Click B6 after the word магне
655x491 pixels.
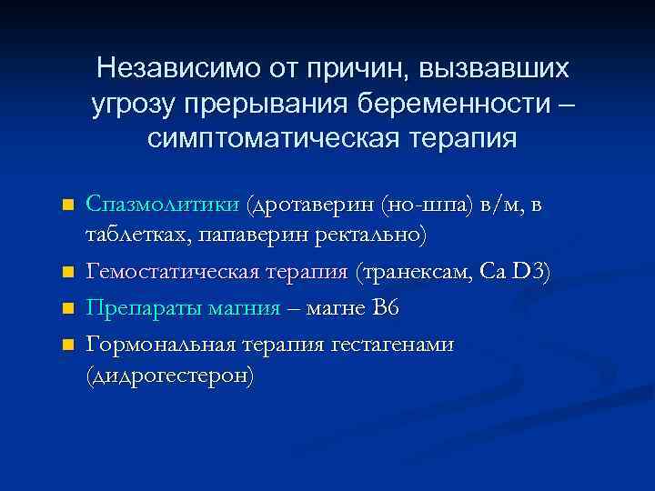(384, 307)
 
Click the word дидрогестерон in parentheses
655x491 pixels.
(169, 376)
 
